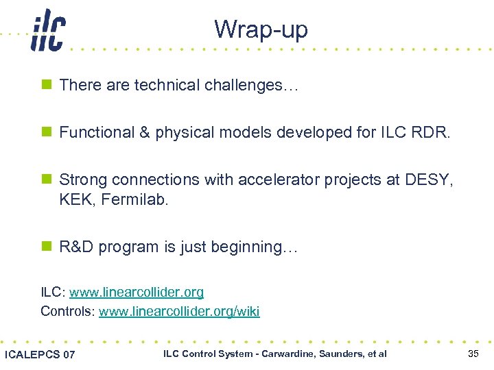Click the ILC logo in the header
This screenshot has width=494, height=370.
[x=47, y=32]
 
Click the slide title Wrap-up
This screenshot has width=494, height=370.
[x=261, y=29]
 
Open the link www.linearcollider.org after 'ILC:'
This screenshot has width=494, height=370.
[x=137, y=293]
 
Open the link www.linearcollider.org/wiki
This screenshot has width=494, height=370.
[x=179, y=312]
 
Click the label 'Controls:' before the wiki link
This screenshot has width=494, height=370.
[x=68, y=312]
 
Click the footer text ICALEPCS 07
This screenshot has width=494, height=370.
[x=40, y=354]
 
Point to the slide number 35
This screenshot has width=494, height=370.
[x=473, y=354]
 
